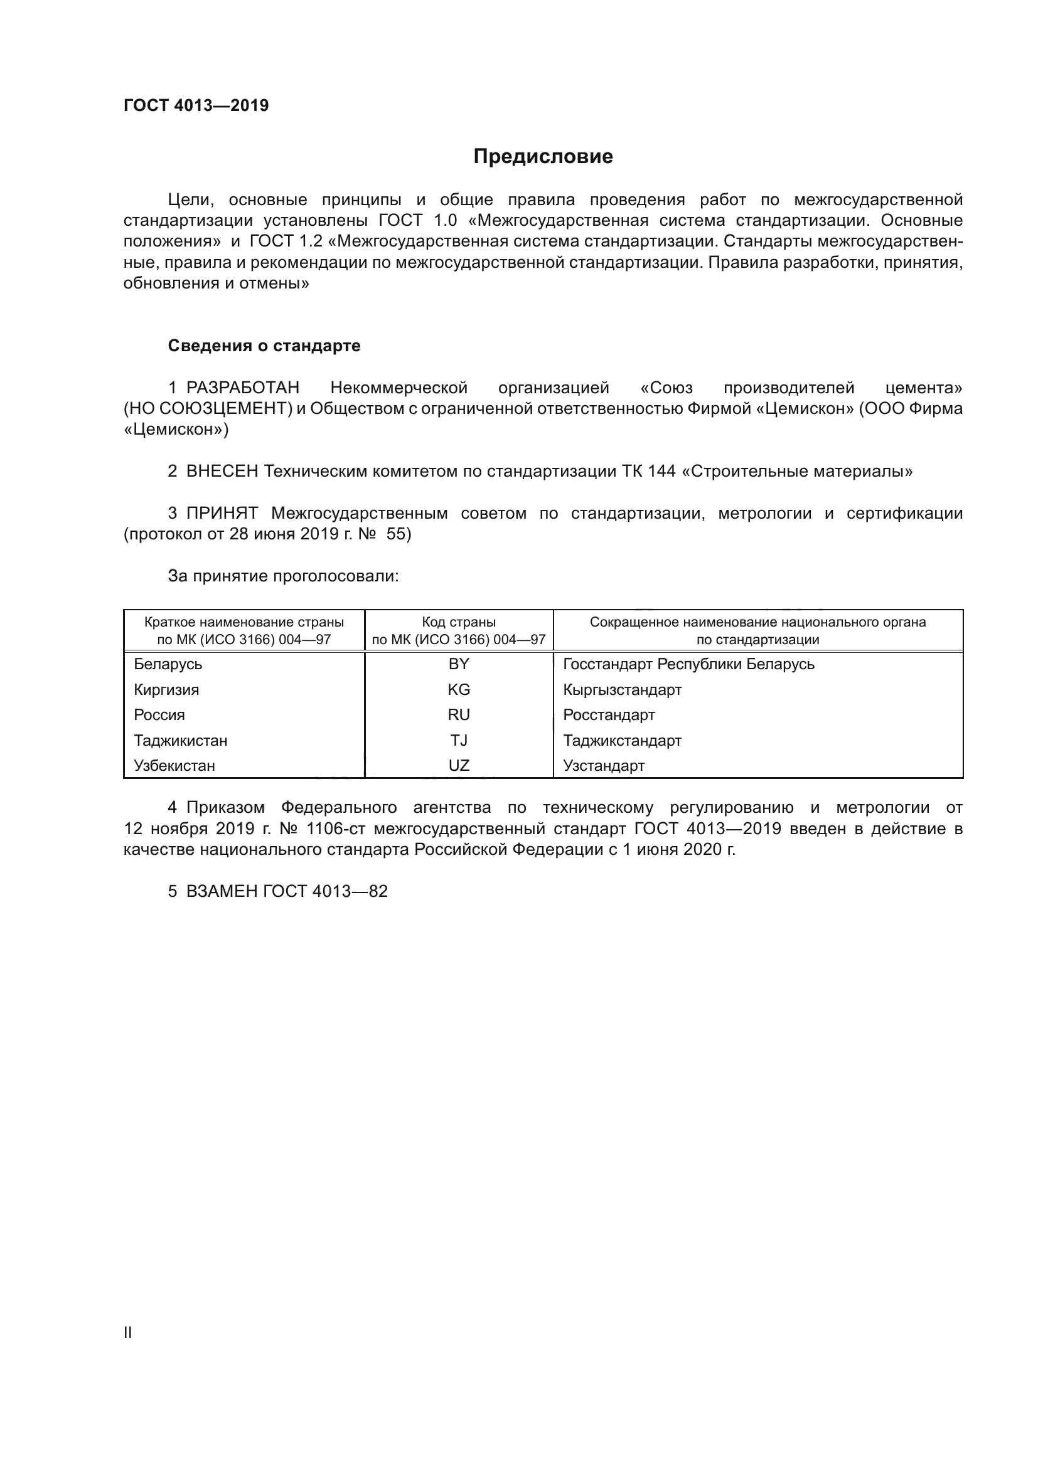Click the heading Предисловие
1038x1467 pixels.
click(543, 157)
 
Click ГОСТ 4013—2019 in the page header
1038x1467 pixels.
click(196, 105)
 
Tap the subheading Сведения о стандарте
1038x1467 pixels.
click(264, 346)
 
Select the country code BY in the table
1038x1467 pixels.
click(458, 664)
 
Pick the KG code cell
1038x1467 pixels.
click(458, 689)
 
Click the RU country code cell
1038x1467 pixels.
click(458, 714)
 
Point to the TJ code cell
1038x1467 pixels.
click(458, 740)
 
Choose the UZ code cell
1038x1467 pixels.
click(458, 765)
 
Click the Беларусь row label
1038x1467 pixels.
click(168, 664)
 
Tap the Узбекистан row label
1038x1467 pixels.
click(174, 765)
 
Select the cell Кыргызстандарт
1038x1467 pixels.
click(622, 689)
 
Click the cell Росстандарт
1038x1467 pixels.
click(609, 714)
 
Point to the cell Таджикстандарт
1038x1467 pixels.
click(622, 740)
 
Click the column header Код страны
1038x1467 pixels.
click(458, 622)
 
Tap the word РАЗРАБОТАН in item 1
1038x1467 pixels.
click(242, 388)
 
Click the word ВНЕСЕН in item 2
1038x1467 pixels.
click(222, 472)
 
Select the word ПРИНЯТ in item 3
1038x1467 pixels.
click(222, 513)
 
